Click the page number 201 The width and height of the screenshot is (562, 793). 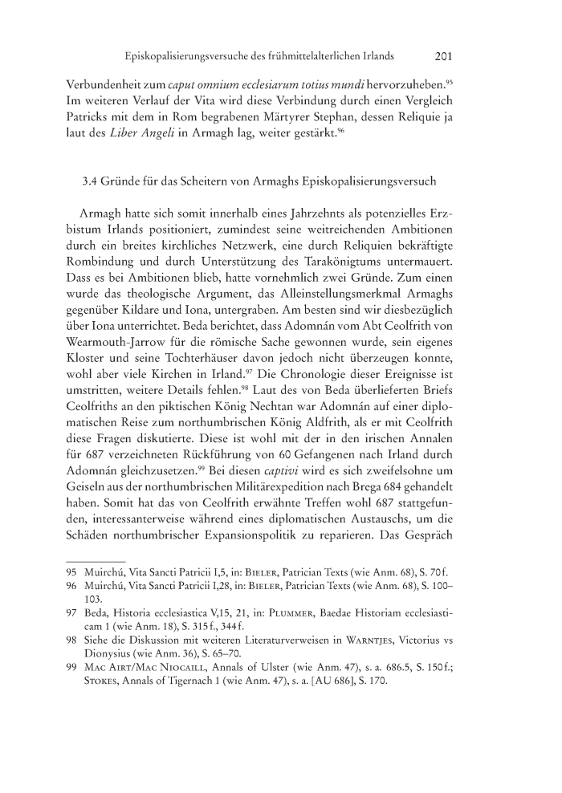(x=445, y=57)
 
